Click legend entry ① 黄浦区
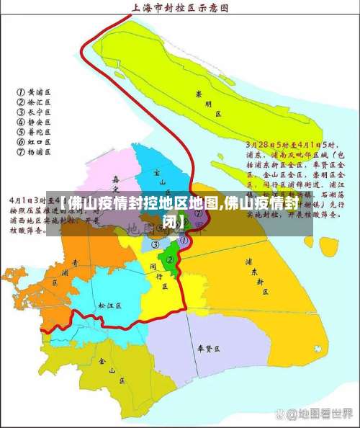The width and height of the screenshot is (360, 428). [x=35, y=92]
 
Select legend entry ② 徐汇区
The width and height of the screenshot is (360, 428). [x=35, y=102]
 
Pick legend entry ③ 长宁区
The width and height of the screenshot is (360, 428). [x=35, y=112]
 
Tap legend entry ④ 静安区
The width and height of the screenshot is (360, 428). [x=35, y=122]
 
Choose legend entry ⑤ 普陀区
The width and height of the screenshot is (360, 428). [x=35, y=133]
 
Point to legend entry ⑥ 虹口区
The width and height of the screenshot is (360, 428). [x=35, y=143]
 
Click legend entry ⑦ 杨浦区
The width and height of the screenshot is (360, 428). [x=35, y=153]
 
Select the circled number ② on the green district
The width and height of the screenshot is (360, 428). [x=171, y=259]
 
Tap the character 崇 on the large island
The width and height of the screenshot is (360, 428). [x=199, y=93]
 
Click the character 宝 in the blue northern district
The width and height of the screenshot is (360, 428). [x=156, y=174]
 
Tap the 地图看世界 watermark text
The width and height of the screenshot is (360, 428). [x=323, y=414]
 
